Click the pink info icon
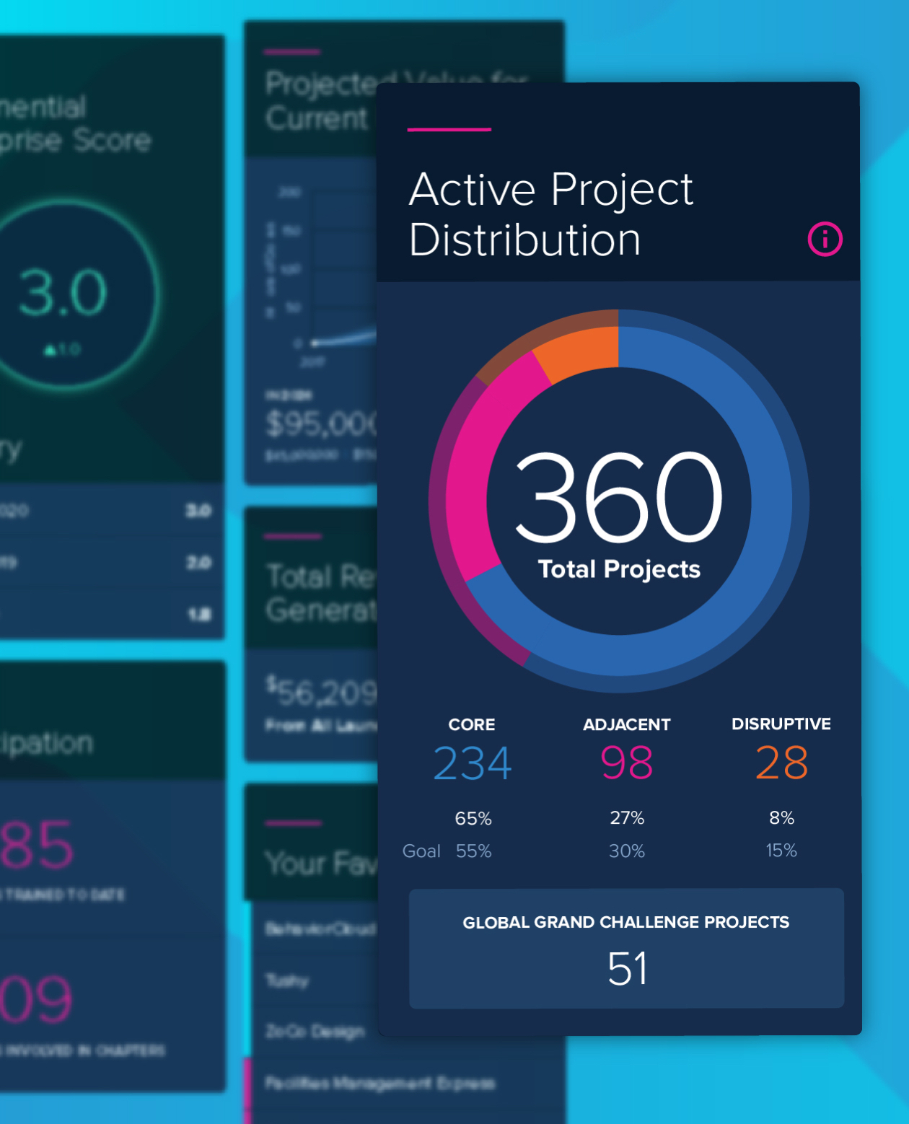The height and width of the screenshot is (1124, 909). [x=825, y=240]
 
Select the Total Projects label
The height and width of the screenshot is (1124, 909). [x=619, y=569]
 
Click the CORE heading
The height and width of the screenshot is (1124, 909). [x=472, y=724]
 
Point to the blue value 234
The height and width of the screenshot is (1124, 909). [x=473, y=763]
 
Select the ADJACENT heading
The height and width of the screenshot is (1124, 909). [x=626, y=724]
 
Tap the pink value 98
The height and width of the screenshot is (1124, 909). [x=626, y=763]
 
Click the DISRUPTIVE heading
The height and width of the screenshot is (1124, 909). [x=781, y=724]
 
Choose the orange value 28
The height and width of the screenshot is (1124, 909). [x=781, y=763]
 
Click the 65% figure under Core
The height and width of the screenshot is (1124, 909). [x=473, y=818]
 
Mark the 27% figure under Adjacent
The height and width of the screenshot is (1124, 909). [x=627, y=817]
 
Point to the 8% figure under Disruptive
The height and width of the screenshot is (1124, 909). [x=781, y=817]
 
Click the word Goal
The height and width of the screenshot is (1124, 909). [x=421, y=851]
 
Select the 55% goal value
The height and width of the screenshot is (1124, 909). [x=473, y=851]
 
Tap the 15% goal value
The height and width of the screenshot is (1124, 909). [x=781, y=851]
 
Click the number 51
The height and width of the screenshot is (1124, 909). [x=627, y=968]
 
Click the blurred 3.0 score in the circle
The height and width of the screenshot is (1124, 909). [x=63, y=293]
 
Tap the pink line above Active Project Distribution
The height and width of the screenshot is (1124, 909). [x=449, y=130]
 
